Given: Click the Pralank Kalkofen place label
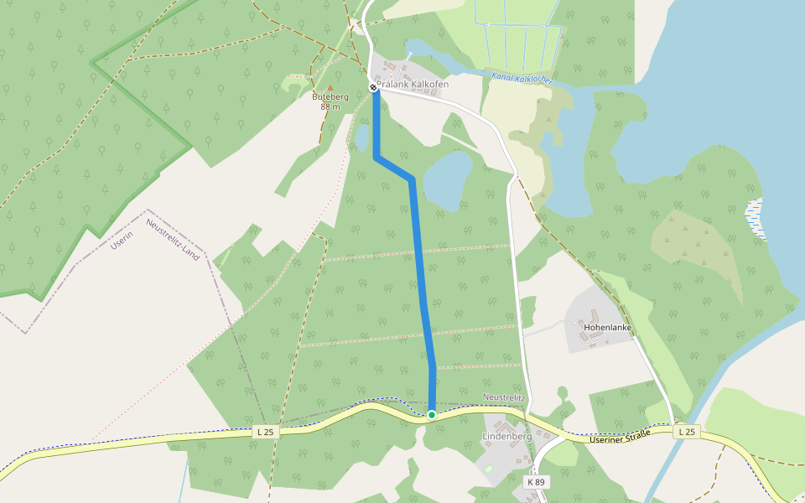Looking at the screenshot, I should click(413, 84).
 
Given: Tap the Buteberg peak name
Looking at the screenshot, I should click(330, 96).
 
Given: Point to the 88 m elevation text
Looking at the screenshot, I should click(330, 106).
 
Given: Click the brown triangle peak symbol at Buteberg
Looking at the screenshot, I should click(330, 87).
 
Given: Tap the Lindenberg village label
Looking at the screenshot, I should click(507, 437).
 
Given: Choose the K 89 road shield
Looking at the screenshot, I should click(537, 482).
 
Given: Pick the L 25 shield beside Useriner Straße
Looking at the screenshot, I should click(686, 431).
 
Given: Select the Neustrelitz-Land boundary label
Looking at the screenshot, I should click(173, 239).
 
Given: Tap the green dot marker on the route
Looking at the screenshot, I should click(432, 414).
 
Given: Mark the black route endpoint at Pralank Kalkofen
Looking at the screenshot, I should click(374, 87).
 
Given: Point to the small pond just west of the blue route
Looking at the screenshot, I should click(361, 137).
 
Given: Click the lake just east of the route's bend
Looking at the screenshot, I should click(448, 179).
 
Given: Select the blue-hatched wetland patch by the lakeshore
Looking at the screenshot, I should click(756, 219).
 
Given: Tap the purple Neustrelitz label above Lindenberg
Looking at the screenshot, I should click(504, 397).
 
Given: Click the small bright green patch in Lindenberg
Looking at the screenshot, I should click(489, 469).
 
